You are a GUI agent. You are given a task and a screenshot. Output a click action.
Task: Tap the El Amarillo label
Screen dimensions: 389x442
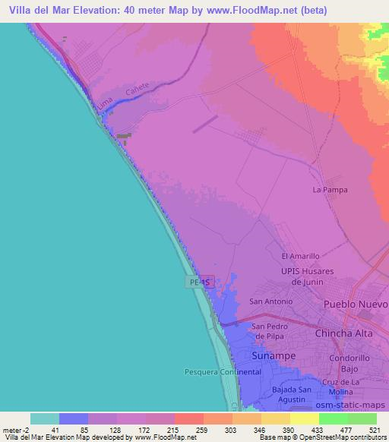coord(300,257)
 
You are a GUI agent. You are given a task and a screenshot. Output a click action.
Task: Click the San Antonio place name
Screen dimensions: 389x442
coord(271,302)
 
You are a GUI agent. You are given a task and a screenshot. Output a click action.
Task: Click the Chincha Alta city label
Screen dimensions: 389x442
coord(351,333)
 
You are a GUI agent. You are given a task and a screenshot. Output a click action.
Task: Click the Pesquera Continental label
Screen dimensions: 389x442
coord(223,372)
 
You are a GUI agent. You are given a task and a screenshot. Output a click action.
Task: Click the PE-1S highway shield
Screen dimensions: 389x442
coord(201,282)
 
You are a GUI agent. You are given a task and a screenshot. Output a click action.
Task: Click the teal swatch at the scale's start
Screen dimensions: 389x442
coord(45,418)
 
